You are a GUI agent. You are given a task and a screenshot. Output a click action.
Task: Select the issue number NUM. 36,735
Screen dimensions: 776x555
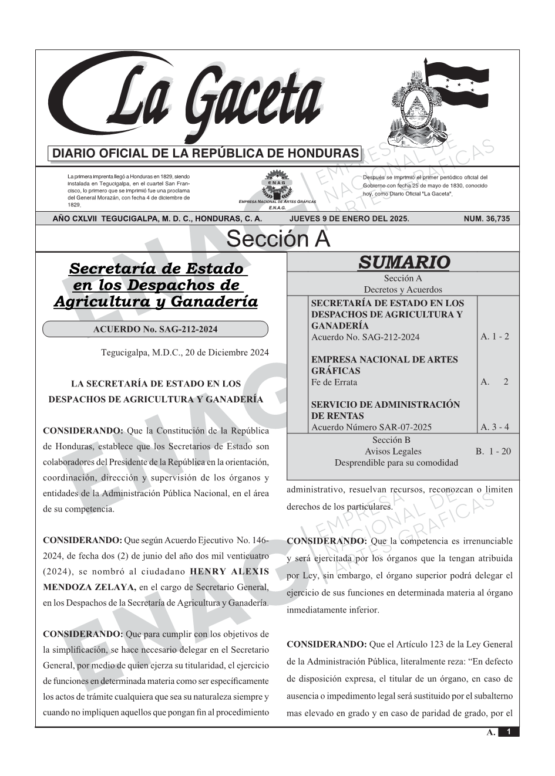click(487, 219)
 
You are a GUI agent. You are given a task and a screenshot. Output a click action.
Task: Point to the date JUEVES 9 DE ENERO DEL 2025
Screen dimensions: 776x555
click(349, 219)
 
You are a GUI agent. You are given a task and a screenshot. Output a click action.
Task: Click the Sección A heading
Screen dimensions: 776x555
click(278, 239)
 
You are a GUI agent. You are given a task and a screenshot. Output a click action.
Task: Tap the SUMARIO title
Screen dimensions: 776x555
click(403, 262)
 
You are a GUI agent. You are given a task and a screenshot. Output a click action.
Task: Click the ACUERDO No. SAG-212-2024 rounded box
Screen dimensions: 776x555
click(155, 329)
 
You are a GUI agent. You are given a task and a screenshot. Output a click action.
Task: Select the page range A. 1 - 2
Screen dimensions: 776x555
click(495, 337)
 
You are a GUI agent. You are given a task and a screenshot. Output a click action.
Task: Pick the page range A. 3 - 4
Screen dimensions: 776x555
click(495, 427)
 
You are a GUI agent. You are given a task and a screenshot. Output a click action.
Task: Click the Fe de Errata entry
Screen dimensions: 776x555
click(334, 382)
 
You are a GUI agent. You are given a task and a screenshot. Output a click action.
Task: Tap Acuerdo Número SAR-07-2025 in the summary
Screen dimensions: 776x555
click(371, 427)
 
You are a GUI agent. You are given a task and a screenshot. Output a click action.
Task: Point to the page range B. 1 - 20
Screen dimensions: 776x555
click(493, 451)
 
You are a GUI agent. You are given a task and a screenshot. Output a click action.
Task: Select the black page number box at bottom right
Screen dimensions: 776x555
click(509, 732)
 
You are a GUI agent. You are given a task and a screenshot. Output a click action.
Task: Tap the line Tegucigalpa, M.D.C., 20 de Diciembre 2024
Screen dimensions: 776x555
click(185, 353)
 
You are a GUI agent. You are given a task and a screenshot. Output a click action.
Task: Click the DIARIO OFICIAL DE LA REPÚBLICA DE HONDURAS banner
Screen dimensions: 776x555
click(206, 154)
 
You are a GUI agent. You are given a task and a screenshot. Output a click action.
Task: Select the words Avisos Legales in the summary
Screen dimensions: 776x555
click(393, 451)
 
